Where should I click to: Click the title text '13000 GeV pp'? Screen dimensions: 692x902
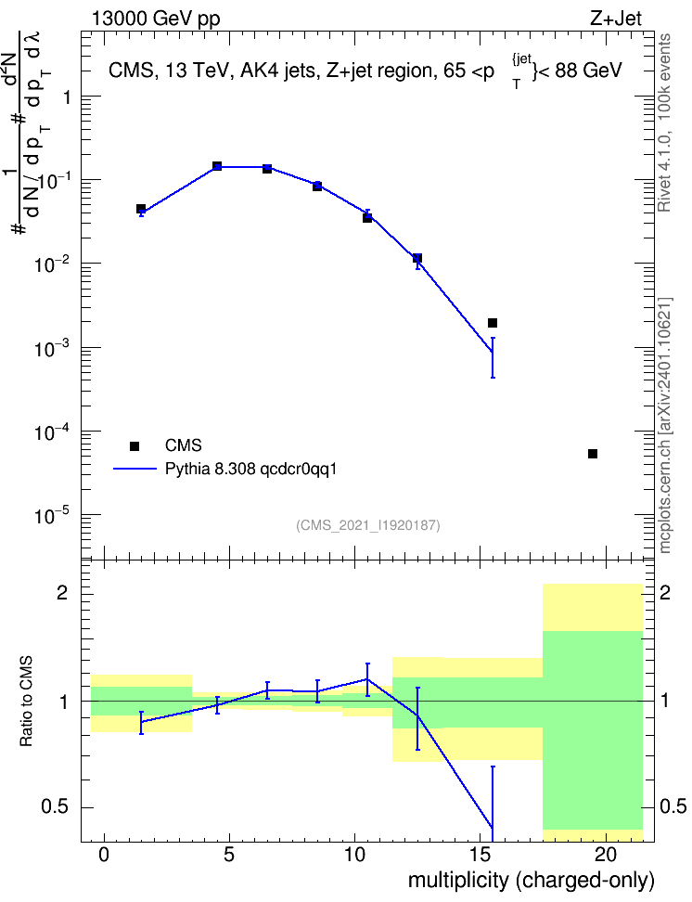[155, 19]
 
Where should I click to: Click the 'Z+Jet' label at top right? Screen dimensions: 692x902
[616, 19]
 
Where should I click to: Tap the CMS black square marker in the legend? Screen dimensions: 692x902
[134, 445]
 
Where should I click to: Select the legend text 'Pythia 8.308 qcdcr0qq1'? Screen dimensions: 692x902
[250, 469]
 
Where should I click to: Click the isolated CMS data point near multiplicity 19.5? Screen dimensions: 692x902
[593, 454]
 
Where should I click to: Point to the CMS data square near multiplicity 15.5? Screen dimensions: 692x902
[493, 323]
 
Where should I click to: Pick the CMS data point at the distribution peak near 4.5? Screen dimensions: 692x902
[217, 166]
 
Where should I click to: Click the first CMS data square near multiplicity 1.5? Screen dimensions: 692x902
[141, 209]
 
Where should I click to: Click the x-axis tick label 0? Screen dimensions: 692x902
[104, 855]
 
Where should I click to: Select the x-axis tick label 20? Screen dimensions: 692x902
[606, 855]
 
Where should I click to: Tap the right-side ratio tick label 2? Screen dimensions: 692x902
[665, 592]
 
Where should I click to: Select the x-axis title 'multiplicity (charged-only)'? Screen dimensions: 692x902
[531, 881]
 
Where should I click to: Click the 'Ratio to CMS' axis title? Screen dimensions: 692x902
[26, 702]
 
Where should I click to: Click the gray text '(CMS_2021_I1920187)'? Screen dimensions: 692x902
[368, 525]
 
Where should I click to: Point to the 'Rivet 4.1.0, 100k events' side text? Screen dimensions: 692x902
[664, 122]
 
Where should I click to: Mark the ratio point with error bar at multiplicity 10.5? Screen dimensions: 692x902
[367, 679]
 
